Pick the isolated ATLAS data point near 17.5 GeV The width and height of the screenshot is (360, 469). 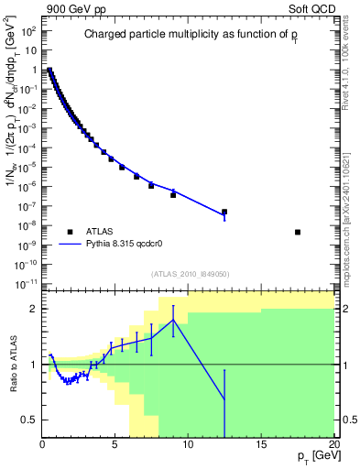point(298,232)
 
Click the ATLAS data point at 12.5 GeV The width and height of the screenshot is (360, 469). point(224,212)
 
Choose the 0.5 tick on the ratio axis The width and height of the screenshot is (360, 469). point(28,420)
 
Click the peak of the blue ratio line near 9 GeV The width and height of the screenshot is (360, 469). point(173,320)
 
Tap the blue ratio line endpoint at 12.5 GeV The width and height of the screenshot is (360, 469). point(224,400)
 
